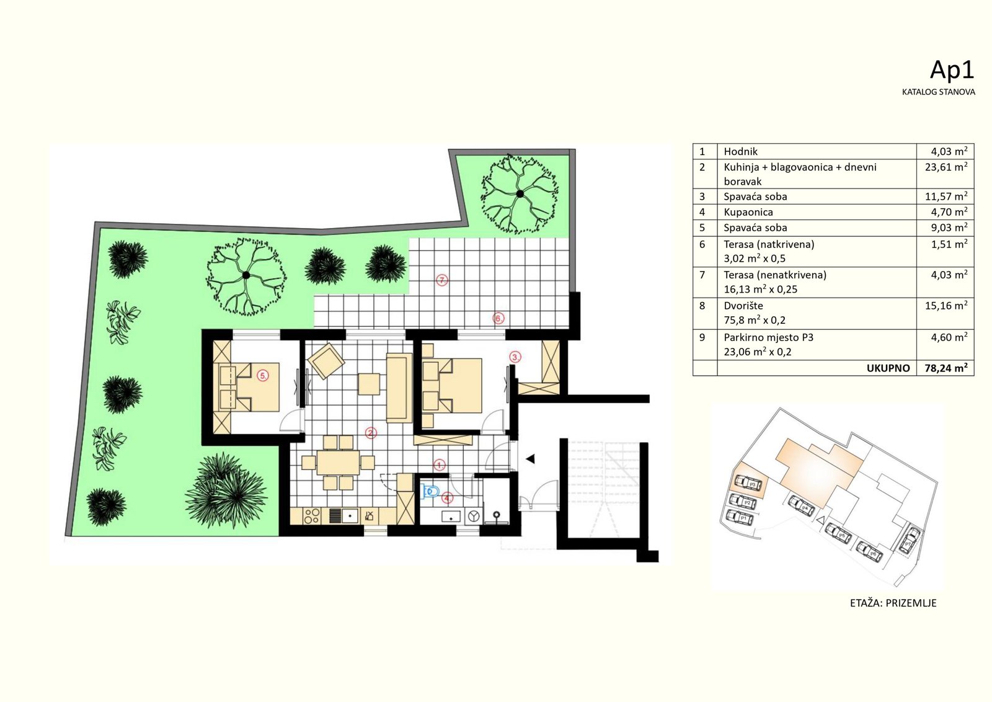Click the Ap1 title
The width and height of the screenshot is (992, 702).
click(952, 70)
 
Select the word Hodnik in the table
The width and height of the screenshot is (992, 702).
click(740, 151)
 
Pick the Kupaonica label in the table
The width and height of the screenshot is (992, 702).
click(748, 212)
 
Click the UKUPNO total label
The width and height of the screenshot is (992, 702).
click(888, 368)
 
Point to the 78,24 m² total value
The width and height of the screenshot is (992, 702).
click(946, 368)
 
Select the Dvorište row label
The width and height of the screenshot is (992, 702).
click(743, 306)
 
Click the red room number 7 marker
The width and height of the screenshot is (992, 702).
click(441, 280)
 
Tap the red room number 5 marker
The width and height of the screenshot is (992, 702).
click(263, 376)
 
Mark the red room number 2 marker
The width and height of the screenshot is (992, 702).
click(371, 433)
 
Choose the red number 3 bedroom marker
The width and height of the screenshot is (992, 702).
click(515, 357)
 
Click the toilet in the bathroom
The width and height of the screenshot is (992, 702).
click(430, 491)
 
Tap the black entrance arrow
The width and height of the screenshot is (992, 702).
click(530, 459)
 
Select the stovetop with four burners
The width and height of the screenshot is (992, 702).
click(312, 515)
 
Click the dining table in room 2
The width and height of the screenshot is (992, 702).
click(338, 463)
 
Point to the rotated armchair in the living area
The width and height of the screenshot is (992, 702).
click(326, 361)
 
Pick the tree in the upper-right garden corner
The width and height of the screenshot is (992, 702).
click(520, 193)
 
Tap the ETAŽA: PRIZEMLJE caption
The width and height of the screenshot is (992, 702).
click(893, 603)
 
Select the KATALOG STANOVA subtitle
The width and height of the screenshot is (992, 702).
click(939, 92)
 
